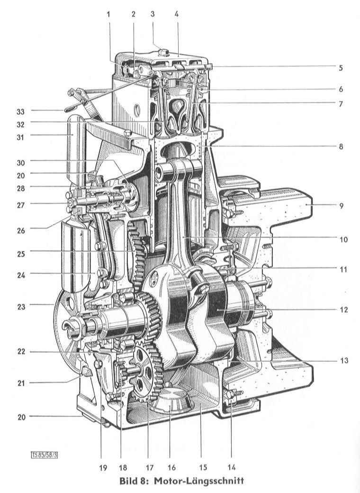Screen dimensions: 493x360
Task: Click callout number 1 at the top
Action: (x=108, y=14)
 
